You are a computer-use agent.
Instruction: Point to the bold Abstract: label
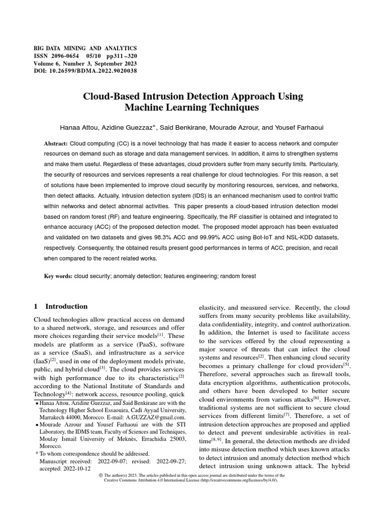[56, 143]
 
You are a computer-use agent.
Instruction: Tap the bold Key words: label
[58, 276]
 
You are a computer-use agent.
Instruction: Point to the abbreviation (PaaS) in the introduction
[138, 345]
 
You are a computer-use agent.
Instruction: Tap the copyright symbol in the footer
[101, 475]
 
